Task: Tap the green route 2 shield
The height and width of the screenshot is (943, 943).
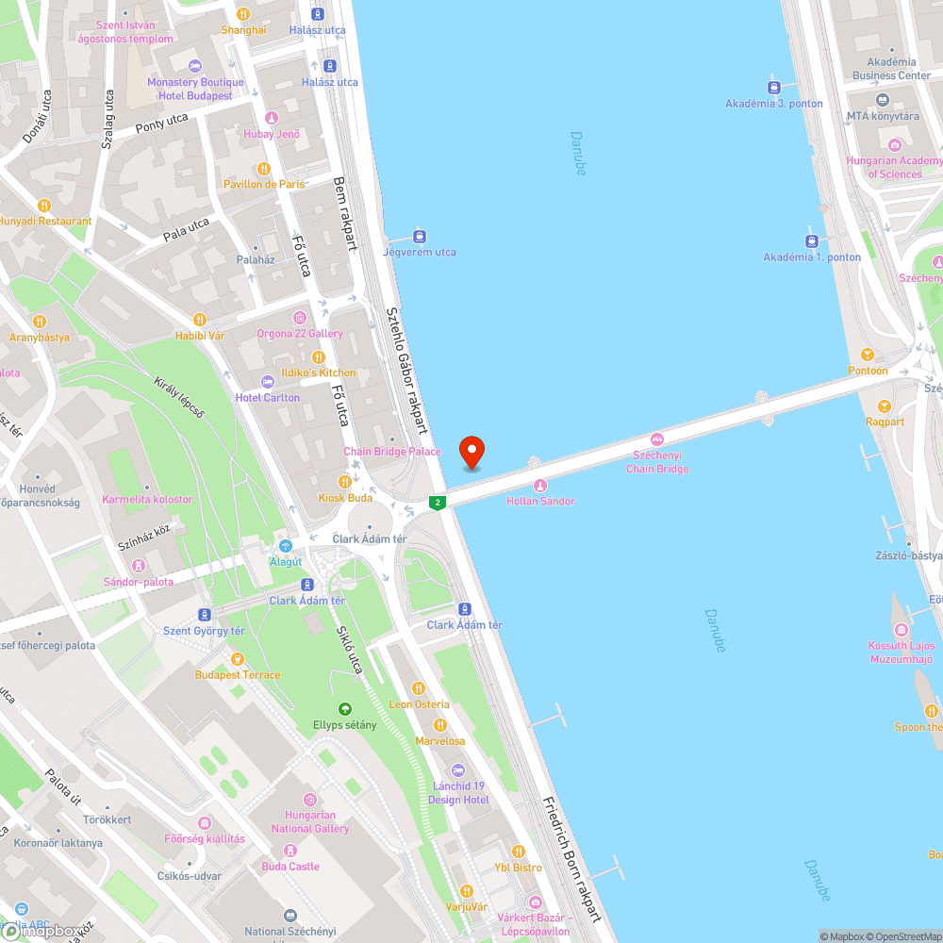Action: (x=438, y=503)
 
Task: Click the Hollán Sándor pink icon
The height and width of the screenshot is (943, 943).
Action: (x=540, y=486)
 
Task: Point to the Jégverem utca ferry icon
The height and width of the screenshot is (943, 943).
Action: (x=420, y=237)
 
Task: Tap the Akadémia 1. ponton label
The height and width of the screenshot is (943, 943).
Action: (x=812, y=257)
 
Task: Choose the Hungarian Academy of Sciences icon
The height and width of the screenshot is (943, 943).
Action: (x=895, y=145)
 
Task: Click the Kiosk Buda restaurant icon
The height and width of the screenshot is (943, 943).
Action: (x=345, y=482)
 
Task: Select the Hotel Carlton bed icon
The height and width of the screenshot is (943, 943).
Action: (x=269, y=382)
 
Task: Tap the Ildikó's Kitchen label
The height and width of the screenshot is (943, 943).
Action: (x=319, y=372)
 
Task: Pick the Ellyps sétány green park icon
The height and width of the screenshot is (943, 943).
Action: (x=345, y=709)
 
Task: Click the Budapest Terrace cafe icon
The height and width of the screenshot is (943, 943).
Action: (x=238, y=658)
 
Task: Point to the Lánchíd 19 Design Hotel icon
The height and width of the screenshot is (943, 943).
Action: (x=458, y=769)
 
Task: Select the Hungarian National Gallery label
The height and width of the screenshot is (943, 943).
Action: (x=310, y=822)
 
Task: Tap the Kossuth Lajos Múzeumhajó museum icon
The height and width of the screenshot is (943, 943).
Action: (x=902, y=630)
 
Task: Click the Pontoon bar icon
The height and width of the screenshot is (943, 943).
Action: (x=867, y=356)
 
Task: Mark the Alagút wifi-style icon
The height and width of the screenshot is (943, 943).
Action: (x=285, y=546)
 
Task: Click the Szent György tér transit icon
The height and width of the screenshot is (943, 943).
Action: (x=205, y=615)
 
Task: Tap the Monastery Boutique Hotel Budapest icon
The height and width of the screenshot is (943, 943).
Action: (x=195, y=66)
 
